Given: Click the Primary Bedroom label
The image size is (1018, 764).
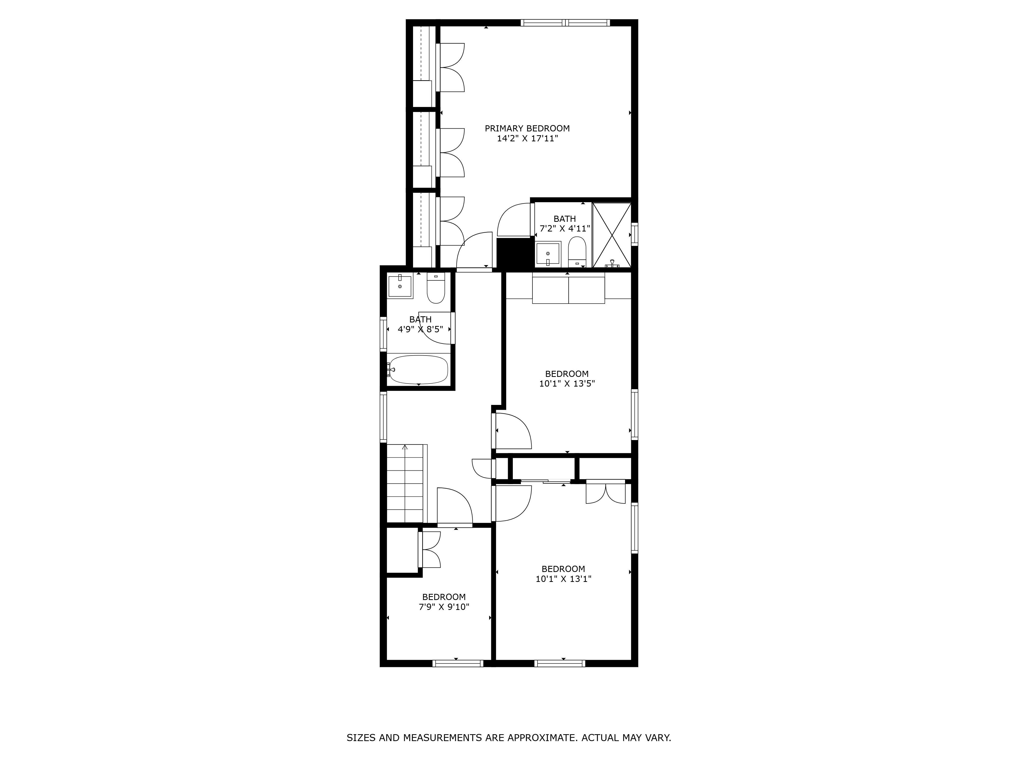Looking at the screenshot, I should coord(527,129).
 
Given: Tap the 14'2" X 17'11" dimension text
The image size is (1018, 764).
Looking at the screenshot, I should coord(527,139).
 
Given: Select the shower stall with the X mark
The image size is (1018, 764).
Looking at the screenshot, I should coord(612,235).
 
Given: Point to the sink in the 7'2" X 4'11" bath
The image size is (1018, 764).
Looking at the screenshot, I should coord(548,254).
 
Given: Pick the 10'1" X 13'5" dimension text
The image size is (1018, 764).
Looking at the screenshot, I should coord(567,384).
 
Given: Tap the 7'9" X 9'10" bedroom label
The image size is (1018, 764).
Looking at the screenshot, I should coord(444,597).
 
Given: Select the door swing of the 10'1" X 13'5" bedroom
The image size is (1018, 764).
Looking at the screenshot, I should coord(513,431).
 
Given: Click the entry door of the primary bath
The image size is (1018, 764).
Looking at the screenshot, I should coord(514,220).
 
